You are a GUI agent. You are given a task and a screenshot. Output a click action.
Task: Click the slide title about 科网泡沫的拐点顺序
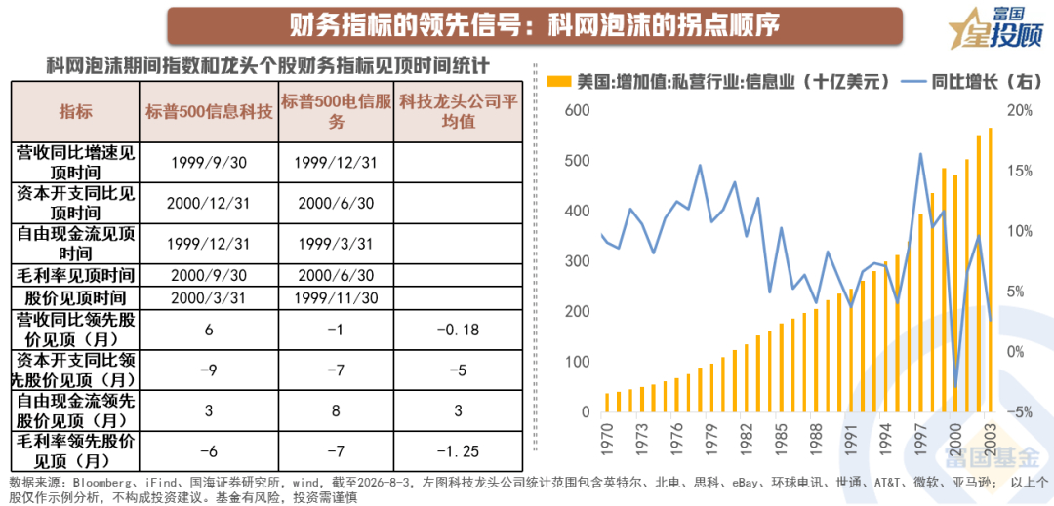coord(535,25)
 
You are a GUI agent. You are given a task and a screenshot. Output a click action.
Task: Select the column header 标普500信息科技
coord(209,112)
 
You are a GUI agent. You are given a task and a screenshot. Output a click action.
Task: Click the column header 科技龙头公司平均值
coord(459,112)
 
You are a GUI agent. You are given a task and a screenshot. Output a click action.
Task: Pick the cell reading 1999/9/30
coord(209,163)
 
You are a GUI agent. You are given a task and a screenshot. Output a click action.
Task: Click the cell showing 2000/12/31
coord(209,203)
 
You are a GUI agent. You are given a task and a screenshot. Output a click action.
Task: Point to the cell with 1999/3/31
coord(335,243)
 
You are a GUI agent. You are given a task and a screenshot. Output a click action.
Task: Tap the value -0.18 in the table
coord(459,331)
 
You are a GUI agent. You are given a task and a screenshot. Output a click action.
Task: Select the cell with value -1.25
coord(459,451)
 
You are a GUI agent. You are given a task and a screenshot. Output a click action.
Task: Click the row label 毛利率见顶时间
coord(75,275)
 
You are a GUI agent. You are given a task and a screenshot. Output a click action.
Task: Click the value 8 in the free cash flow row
coord(335,410)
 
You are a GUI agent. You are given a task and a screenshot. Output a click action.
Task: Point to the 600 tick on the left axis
coord(579,111)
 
